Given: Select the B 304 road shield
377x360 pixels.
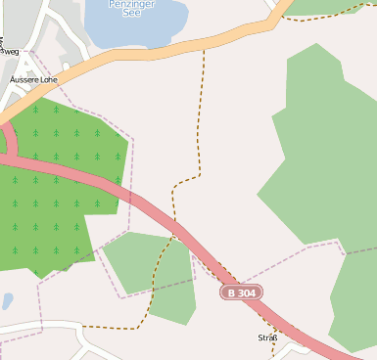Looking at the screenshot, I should pos(242,292).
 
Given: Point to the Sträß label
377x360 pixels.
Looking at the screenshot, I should pos(267,337).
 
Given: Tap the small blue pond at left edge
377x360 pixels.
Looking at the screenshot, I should pos(5,301).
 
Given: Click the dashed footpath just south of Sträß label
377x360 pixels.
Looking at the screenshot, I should pos(271,349).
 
